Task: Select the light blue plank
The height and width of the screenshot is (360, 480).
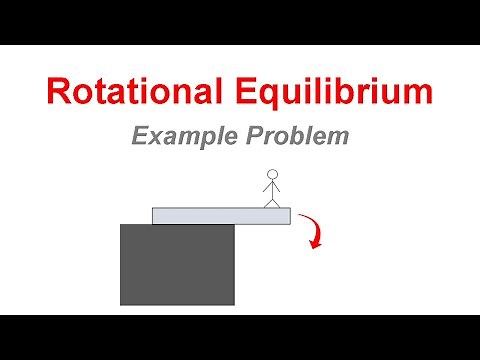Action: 220,215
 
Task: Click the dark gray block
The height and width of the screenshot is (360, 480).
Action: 177,264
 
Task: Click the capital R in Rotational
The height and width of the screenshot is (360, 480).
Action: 58,93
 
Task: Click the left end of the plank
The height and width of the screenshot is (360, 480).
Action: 156,215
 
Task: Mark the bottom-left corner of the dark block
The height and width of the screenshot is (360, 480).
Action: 122,303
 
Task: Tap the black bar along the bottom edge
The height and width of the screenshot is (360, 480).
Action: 240,337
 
